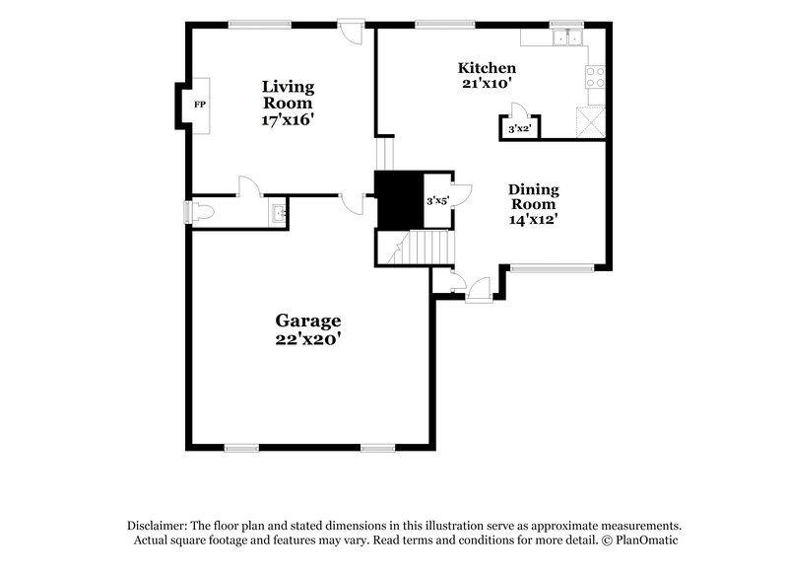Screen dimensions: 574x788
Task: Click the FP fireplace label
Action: click(x=199, y=105)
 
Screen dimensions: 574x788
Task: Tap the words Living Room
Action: click(x=288, y=95)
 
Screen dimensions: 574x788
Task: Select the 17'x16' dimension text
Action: click(x=288, y=119)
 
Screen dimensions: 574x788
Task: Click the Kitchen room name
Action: click(x=487, y=68)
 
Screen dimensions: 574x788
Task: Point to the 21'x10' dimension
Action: click(x=487, y=84)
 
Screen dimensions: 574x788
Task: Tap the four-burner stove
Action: click(x=595, y=77)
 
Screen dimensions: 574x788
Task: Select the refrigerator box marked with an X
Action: click(x=590, y=124)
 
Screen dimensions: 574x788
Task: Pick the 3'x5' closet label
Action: click(x=437, y=201)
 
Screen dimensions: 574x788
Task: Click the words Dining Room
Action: click(x=533, y=196)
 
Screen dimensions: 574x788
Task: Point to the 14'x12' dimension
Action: click(x=533, y=220)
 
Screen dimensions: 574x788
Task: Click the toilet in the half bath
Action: click(x=201, y=211)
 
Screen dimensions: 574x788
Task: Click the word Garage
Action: click(x=307, y=321)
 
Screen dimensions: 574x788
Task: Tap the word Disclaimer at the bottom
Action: click(x=158, y=526)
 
